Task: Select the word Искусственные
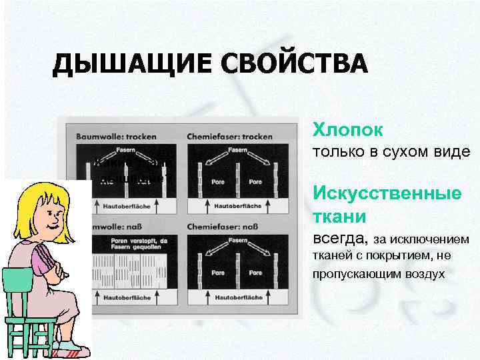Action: [x=387, y=193]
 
